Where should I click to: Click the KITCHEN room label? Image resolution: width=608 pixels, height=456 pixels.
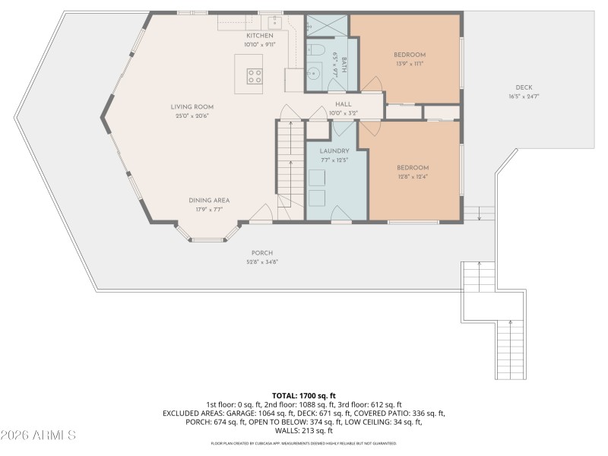(x=259, y=36)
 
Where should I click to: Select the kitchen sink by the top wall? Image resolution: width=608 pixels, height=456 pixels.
(x=275, y=22)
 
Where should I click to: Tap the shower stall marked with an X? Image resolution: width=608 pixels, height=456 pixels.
(x=327, y=27)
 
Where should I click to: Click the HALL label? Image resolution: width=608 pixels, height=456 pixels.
(x=343, y=103)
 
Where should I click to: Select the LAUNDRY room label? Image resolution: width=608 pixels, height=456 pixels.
(x=334, y=151)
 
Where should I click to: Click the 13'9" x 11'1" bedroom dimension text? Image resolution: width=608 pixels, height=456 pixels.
(x=409, y=64)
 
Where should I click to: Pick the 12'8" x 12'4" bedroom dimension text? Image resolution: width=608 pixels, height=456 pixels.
(x=413, y=176)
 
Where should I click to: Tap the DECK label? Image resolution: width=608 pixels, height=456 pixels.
(x=524, y=87)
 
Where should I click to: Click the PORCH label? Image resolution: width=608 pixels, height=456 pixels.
(x=262, y=253)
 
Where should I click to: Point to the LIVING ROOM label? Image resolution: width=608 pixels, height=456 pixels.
(x=192, y=107)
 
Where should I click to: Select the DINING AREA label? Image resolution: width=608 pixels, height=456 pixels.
(x=209, y=201)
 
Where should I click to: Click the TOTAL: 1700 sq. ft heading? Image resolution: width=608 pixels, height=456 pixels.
(x=304, y=396)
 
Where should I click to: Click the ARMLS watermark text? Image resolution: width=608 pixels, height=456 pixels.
(x=38, y=435)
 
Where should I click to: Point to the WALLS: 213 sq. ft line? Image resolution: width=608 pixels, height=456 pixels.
(x=304, y=430)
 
